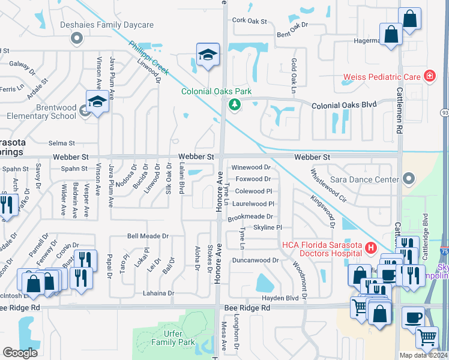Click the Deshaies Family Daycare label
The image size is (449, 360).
[x=107, y=25]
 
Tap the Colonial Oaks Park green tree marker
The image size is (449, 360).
[x=234, y=105]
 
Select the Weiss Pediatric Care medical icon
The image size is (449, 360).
[x=429, y=76]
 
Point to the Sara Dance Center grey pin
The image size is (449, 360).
[x=409, y=178]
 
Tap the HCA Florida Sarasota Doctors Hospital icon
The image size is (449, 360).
[x=370, y=247]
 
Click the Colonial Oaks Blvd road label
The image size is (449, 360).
[x=344, y=104]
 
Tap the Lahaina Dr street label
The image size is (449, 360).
[x=158, y=293]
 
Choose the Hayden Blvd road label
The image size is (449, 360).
[x=280, y=298]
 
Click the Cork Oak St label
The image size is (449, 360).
[x=249, y=21]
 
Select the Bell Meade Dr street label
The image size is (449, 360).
[x=147, y=236]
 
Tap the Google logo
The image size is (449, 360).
[x=20, y=353]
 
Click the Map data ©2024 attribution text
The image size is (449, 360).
[x=423, y=355]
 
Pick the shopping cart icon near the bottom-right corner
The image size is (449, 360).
[x=427, y=337]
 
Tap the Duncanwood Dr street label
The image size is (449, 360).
[x=256, y=260]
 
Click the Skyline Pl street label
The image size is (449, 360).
[x=267, y=227]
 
